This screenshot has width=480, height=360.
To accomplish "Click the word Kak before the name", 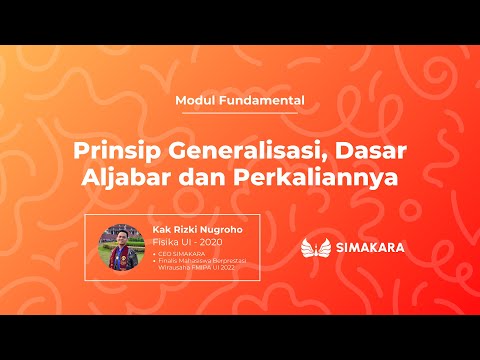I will [x=160, y=229].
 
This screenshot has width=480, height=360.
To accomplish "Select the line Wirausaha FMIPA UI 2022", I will [x=197, y=268].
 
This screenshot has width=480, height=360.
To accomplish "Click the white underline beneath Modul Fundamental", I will [x=239, y=114].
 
